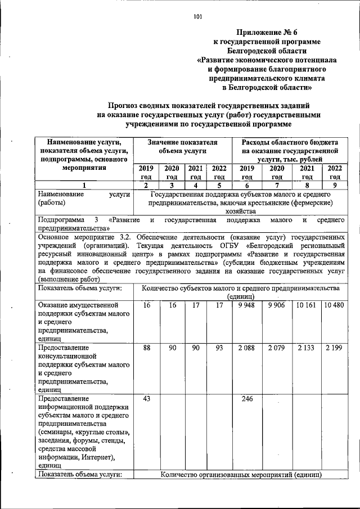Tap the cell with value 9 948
tap(246, 305)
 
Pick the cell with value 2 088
tap(246, 349)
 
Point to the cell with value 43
tap(146, 399)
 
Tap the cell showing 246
tap(246, 399)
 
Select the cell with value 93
tap(219, 349)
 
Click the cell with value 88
tap(146, 349)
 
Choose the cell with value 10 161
tap(307, 305)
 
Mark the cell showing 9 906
tap(276, 305)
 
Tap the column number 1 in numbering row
tap(84, 185)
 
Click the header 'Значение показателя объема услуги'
tap(183, 147)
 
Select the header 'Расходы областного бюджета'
tap(290, 143)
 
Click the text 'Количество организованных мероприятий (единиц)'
tap(241, 475)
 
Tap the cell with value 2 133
tap(307, 349)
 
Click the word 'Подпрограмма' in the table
tap(61, 221)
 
